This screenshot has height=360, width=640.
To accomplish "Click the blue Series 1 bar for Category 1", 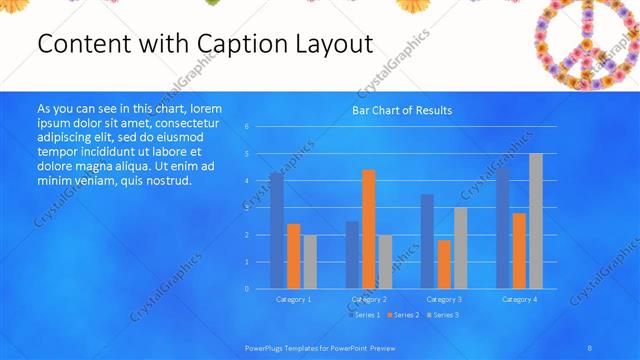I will click(x=276, y=230).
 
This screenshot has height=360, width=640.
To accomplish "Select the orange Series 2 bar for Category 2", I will click(x=369, y=229).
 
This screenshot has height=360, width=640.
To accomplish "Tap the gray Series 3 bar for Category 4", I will click(x=536, y=221).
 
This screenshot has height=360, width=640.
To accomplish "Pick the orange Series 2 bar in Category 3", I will click(x=444, y=264).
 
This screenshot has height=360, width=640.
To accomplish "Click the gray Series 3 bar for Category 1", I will click(x=310, y=262).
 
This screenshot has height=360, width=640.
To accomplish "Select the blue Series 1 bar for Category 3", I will click(x=427, y=241).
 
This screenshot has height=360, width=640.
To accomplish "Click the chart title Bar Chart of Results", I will click(x=402, y=110).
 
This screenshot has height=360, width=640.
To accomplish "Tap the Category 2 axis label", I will click(x=369, y=299).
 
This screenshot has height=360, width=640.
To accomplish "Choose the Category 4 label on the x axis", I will click(x=519, y=299).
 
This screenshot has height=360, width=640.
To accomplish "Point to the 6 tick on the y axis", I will click(x=246, y=127).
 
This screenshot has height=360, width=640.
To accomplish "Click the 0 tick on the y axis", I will click(x=246, y=288).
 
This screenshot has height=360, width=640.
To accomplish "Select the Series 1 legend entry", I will click(x=365, y=315).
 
